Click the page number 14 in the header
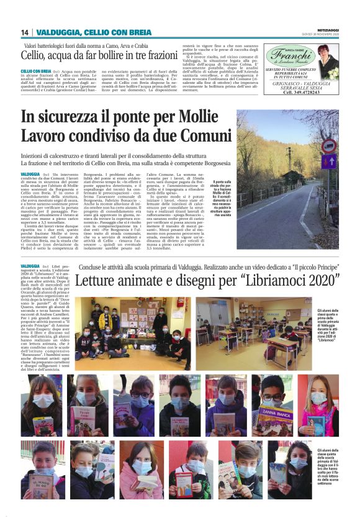[x=25, y=32]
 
